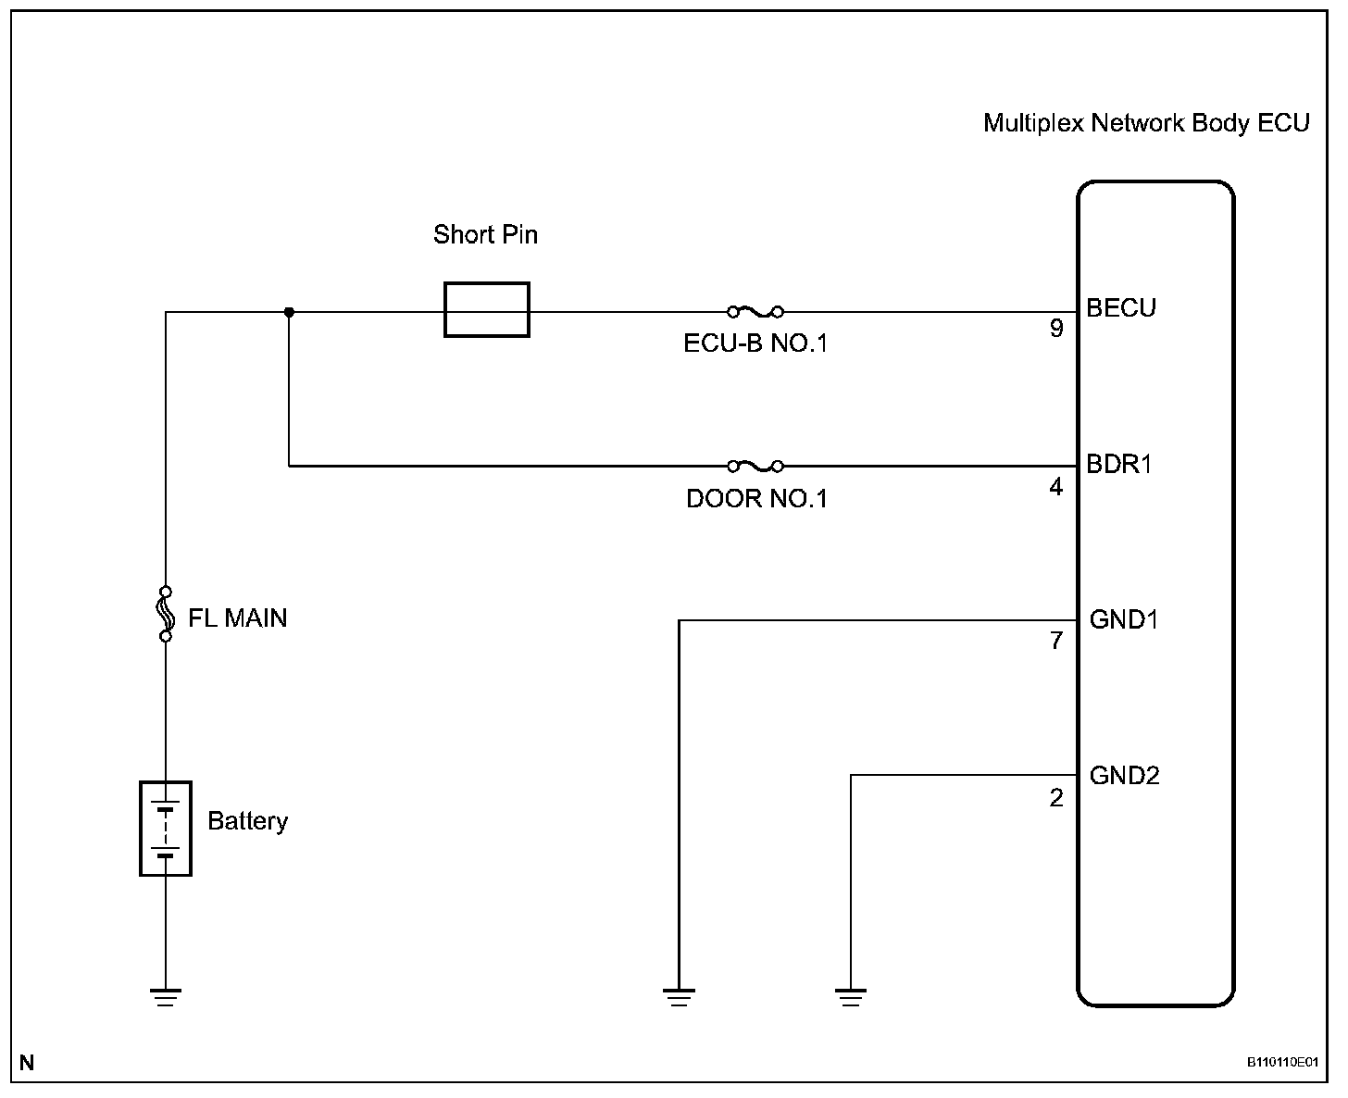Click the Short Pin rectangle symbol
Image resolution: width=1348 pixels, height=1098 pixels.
[x=445, y=309]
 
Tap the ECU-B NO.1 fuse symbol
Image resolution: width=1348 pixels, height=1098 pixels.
[x=755, y=311]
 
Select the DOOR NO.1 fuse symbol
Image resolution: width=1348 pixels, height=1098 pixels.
[x=755, y=467]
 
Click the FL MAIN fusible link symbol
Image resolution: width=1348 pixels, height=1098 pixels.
[x=165, y=614]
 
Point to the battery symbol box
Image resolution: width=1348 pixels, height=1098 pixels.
[x=141, y=829]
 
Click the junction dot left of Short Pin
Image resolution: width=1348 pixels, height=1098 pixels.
[x=289, y=312]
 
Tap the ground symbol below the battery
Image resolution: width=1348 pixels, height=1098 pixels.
[x=166, y=997]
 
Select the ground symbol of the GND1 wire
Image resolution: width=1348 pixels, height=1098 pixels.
[x=679, y=997]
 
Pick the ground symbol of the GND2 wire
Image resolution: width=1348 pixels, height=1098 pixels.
[x=851, y=997]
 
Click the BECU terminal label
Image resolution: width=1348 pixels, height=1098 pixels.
[x=1121, y=308]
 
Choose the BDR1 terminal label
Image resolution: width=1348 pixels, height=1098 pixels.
[x=1118, y=464]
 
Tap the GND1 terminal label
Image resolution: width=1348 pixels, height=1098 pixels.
[x=1123, y=619]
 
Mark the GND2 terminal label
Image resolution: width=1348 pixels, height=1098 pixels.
[x=1124, y=775]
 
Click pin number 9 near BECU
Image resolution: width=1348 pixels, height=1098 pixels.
[x=1056, y=328]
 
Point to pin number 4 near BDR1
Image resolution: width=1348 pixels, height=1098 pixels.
[x=1055, y=487]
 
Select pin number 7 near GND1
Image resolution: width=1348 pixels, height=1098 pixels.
[x=1056, y=641]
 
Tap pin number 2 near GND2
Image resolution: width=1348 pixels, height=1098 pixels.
[x=1055, y=797]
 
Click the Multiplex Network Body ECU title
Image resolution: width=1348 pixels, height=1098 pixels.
[x=1146, y=123]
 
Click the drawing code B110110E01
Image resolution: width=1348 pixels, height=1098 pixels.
[x=1283, y=1062]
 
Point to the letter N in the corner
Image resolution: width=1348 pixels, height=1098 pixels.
[x=27, y=1063]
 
